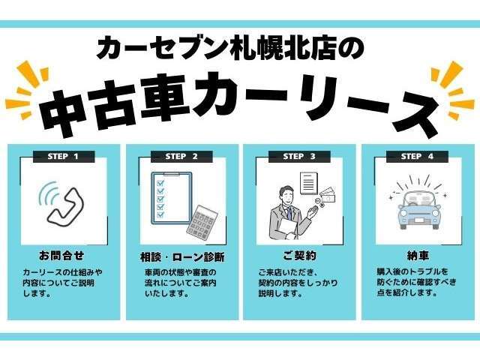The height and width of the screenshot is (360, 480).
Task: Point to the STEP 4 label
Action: [417, 156]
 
